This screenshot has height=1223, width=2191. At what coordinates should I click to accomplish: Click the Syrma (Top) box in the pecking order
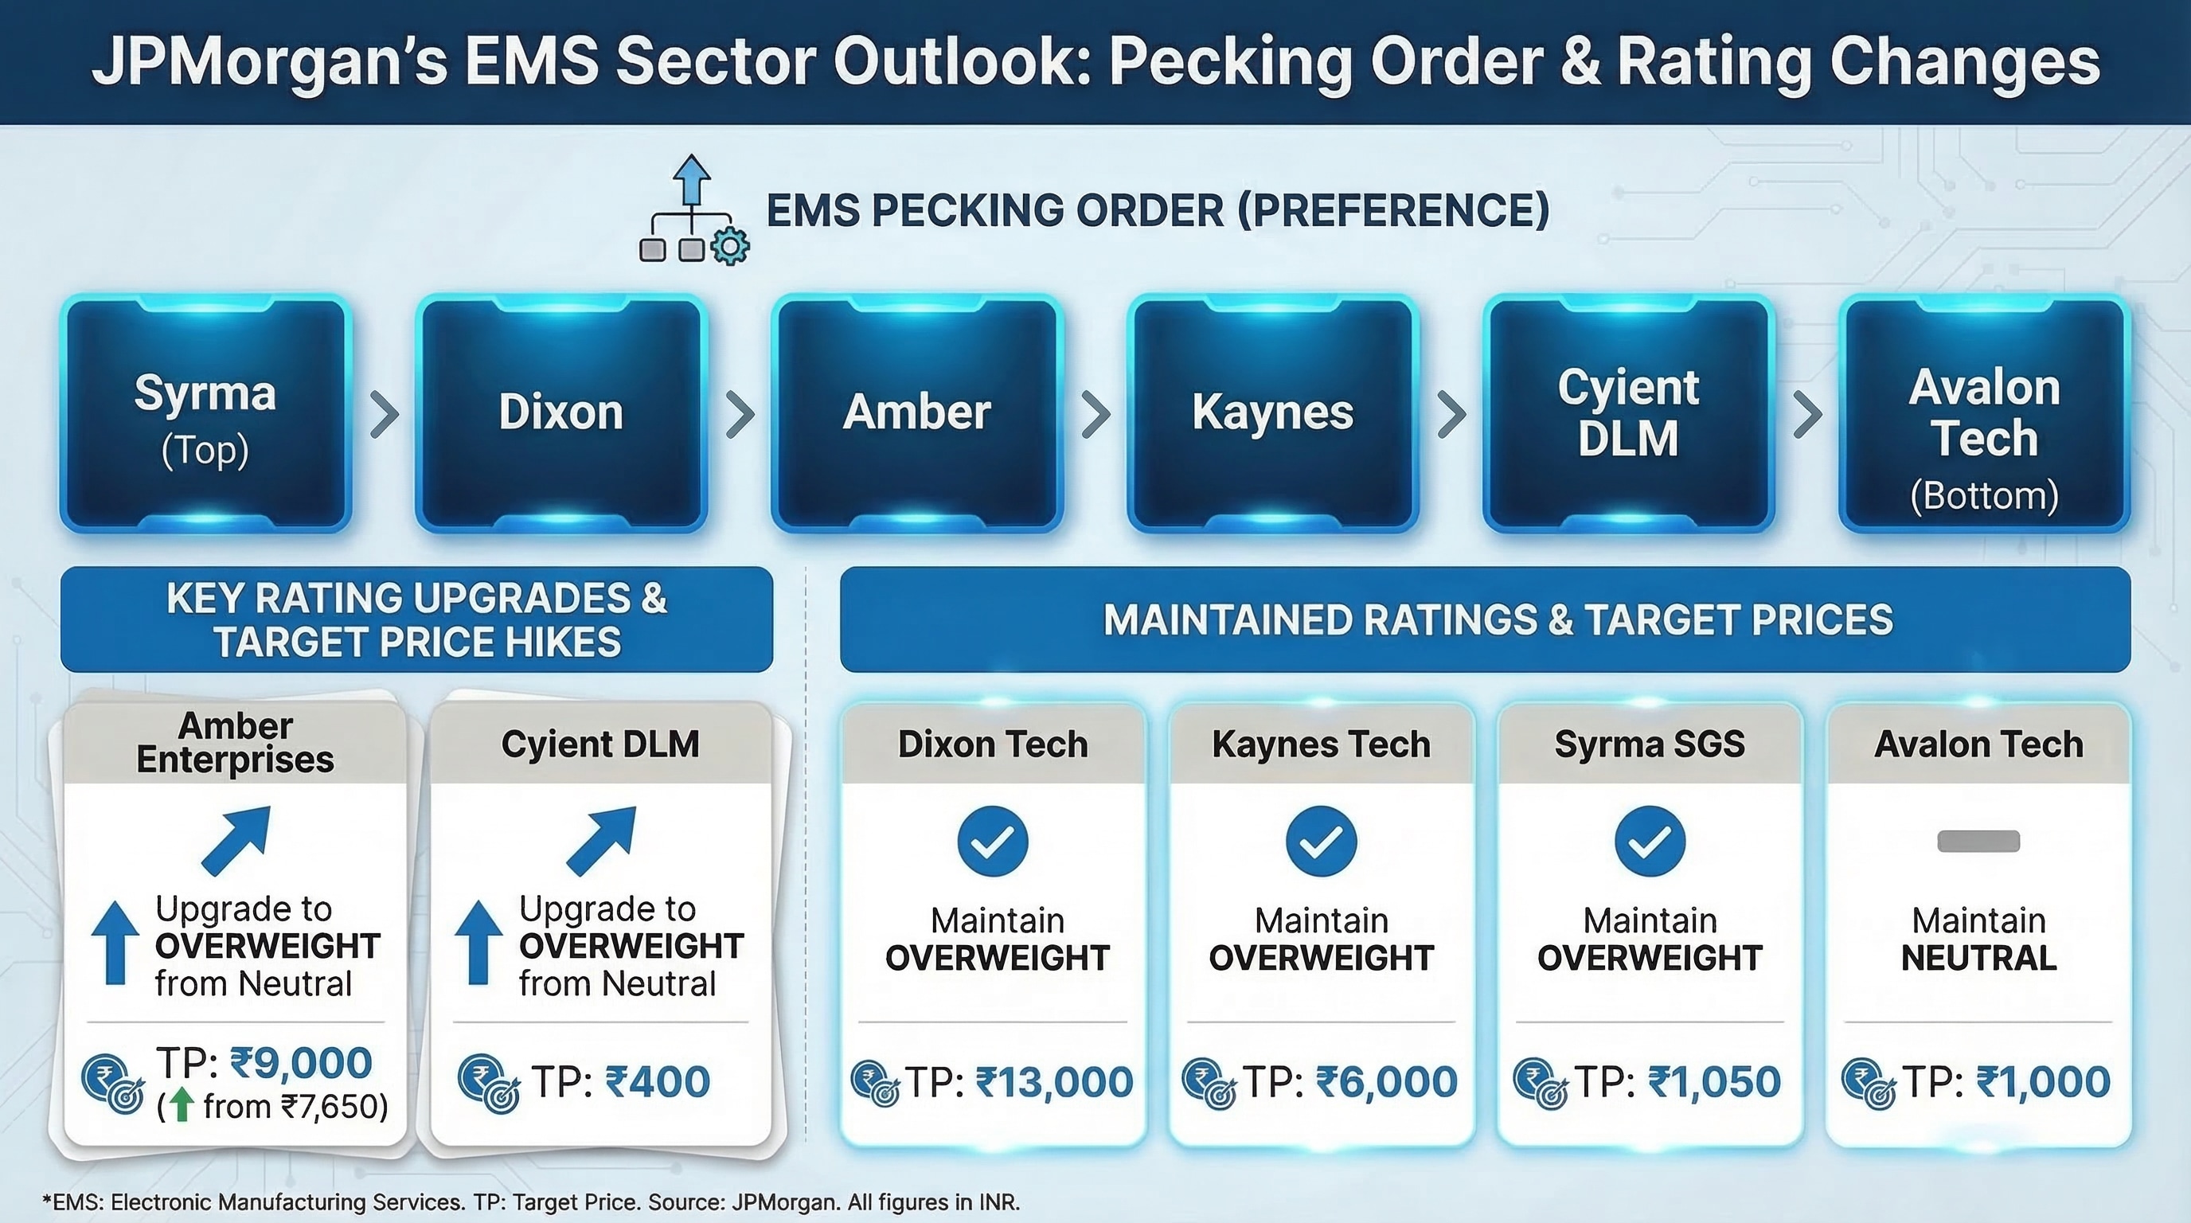pos(206,414)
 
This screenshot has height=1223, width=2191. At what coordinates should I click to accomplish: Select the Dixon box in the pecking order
pos(561,414)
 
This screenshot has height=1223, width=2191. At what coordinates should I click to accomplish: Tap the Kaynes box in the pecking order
pos(1273,414)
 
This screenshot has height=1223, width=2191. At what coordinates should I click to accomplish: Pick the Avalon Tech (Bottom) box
pos(1984,414)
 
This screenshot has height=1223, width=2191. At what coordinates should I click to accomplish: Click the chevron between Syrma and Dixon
pos(385,414)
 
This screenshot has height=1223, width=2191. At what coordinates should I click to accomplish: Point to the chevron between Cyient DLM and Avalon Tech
pos(1807,414)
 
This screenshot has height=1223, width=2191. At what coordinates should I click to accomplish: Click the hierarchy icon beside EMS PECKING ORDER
pos(694,209)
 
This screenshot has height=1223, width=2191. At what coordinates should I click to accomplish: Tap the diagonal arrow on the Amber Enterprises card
pos(236,840)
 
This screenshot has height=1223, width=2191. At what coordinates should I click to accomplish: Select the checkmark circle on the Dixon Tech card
pos(993,841)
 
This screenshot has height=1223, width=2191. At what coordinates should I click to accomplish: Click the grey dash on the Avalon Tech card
pos(1978,841)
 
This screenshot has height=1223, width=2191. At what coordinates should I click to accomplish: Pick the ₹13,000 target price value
pos(1055,1082)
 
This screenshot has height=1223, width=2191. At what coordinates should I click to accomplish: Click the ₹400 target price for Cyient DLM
pos(658,1082)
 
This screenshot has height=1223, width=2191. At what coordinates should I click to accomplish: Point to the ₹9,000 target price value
pos(301,1063)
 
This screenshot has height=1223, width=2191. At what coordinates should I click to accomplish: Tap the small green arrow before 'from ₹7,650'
pos(178,1105)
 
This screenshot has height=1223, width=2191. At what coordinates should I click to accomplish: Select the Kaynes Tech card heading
pos(1321,744)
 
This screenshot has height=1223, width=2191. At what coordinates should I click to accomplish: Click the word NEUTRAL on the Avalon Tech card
pos(1978,959)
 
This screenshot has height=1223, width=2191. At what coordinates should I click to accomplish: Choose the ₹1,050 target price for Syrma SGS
pos(1714,1082)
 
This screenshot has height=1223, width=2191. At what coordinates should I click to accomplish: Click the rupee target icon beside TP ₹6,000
pos(1209,1084)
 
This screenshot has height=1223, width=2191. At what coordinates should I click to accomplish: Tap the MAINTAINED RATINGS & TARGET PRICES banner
pos(1485,619)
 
